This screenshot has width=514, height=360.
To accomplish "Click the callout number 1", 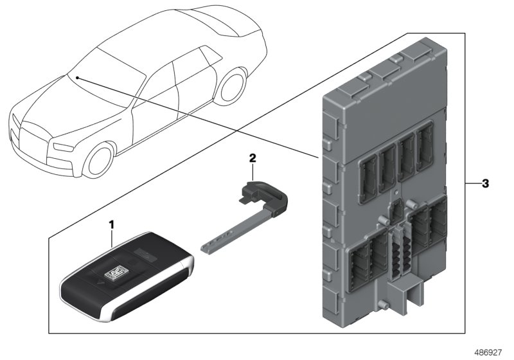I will [111, 225].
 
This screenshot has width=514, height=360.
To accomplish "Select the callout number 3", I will [486, 184].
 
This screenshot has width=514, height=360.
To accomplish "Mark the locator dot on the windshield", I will [76, 77].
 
